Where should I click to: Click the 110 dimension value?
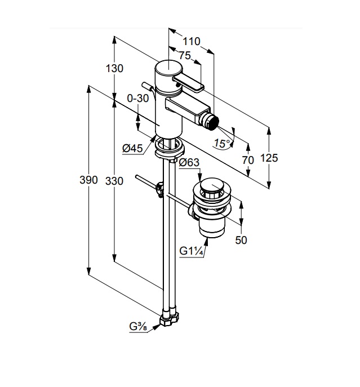click(x=192, y=41)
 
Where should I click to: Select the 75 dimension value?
click(x=184, y=55)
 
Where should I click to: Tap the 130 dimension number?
click(x=114, y=68)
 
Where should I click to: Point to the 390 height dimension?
click(x=88, y=180)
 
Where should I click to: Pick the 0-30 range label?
click(x=137, y=98)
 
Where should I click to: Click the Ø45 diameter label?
click(x=132, y=148)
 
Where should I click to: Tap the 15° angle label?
click(x=223, y=144)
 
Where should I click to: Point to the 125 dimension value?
click(x=269, y=158)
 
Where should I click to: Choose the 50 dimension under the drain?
click(x=241, y=240)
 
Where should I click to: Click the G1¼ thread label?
click(x=192, y=251)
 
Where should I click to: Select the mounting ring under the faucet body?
click(x=168, y=148)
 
